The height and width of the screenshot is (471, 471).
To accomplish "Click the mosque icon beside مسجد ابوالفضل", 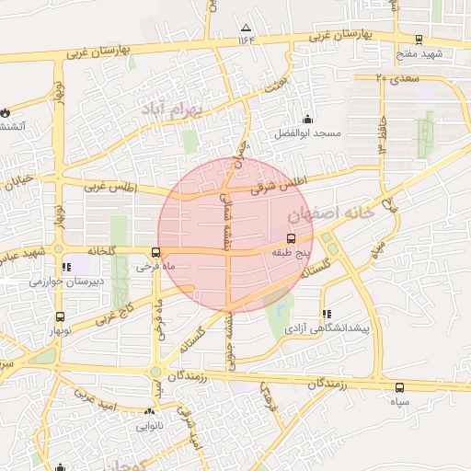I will coord(307,118).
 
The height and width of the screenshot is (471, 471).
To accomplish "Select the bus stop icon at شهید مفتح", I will coord(419,40).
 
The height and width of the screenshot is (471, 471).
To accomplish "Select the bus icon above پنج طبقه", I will coord(292,236).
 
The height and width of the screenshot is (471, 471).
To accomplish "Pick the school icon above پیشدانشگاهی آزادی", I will coord(327,314).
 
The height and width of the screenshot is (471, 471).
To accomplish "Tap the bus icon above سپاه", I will coord(398,387).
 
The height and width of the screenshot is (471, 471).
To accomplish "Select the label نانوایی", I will coord(150,426).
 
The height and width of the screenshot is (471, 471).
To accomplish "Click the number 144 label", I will coord(246,40).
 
